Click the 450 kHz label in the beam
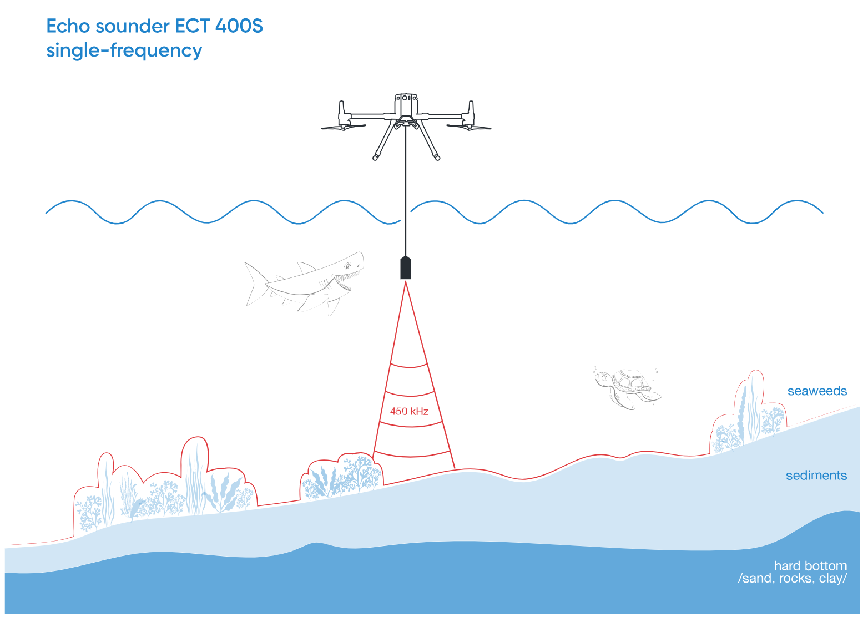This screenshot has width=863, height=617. (x=409, y=411)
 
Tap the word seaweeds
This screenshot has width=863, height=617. (x=817, y=391)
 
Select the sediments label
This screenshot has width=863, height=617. (x=816, y=476)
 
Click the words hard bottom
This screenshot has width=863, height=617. (x=810, y=566)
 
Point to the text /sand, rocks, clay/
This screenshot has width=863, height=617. (x=793, y=579)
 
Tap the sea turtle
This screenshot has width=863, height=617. (x=627, y=387)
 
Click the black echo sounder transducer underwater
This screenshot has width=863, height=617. (x=406, y=268)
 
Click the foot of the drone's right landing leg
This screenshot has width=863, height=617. (x=437, y=158)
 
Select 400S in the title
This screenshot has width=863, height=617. (x=239, y=26)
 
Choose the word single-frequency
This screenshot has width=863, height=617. (x=124, y=50)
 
